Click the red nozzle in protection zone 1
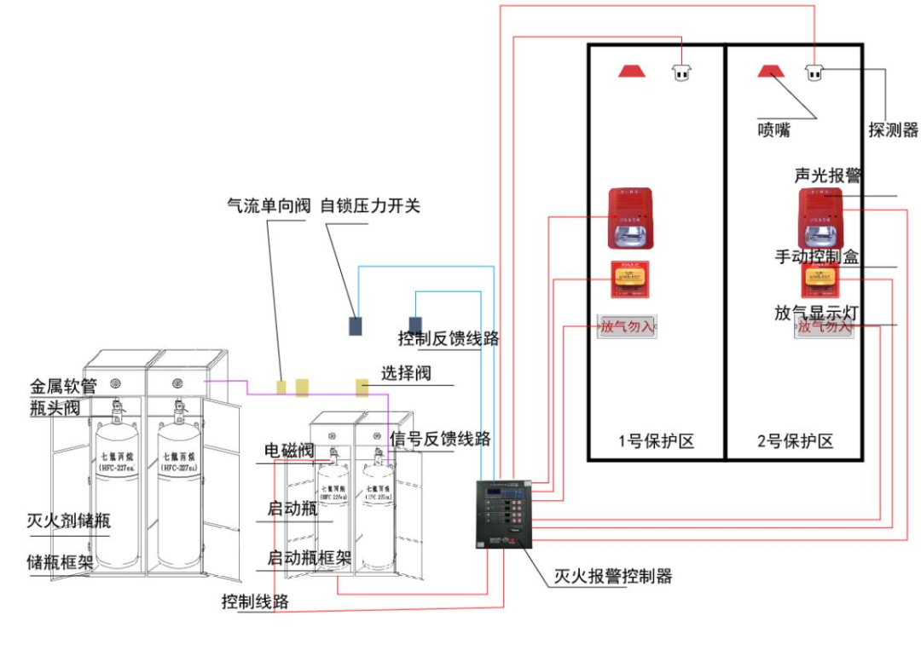[632, 70]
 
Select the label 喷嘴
[774, 130]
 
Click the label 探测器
[893, 130]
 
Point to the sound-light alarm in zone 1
[629, 218]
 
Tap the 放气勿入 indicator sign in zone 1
[628, 326]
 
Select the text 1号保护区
[656, 441]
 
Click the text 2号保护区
[794, 441]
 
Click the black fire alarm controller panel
[504, 514]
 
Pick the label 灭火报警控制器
[612, 577]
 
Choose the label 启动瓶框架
[310, 558]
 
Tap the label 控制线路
[255, 601]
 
